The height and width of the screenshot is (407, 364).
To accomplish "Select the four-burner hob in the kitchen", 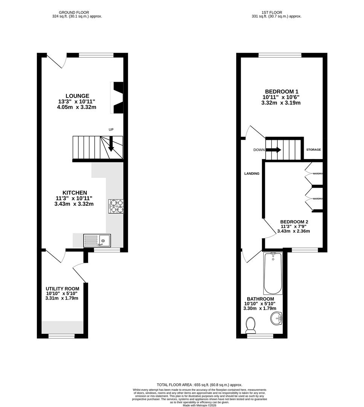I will (116, 206).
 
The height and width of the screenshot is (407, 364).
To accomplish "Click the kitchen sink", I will (97, 240).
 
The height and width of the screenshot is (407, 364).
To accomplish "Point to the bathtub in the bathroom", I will (273, 274).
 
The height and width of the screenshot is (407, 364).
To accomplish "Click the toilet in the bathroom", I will (250, 325).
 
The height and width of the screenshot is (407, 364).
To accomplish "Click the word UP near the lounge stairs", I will (111, 130).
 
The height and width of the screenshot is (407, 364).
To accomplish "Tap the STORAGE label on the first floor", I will (314, 150).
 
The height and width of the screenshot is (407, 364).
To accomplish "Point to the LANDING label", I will (252, 174).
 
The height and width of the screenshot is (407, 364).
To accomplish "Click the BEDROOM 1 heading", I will (281, 92).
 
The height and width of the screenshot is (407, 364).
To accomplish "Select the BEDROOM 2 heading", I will (294, 222).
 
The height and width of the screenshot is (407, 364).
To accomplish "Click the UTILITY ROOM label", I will (63, 289).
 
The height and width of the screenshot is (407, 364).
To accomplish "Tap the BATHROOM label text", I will (261, 299).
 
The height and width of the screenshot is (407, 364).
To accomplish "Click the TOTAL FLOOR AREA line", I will (200, 385).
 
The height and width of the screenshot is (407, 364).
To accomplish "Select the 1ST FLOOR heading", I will (276, 12).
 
